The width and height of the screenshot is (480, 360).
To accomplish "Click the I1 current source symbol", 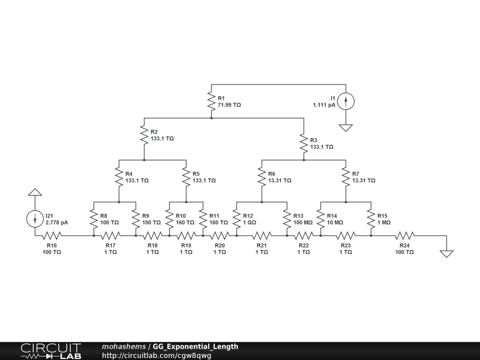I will click(346, 101).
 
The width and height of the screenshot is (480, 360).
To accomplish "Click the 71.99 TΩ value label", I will click(229, 105).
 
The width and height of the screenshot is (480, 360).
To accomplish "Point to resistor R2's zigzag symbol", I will click(144, 135).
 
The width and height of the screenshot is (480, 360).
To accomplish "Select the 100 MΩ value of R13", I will click(303, 223).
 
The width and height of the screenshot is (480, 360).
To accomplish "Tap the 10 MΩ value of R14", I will click(336, 223).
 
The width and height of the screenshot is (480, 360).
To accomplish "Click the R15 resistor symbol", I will click(371, 219).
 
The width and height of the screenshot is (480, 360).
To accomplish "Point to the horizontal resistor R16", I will click(52, 235).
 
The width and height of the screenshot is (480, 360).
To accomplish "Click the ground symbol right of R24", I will click(446, 254).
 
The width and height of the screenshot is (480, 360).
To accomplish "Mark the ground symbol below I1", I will click(346, 127).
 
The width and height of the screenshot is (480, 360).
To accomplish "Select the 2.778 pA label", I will click(57, 223).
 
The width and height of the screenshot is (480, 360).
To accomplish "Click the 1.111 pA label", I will click(324, 105).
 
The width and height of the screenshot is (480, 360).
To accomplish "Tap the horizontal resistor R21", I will click(262, 235).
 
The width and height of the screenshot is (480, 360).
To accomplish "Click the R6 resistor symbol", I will click(262, 177).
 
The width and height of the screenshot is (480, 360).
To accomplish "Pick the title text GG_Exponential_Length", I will click(195, 347).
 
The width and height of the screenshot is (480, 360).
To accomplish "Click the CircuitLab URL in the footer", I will click(157, 355).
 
